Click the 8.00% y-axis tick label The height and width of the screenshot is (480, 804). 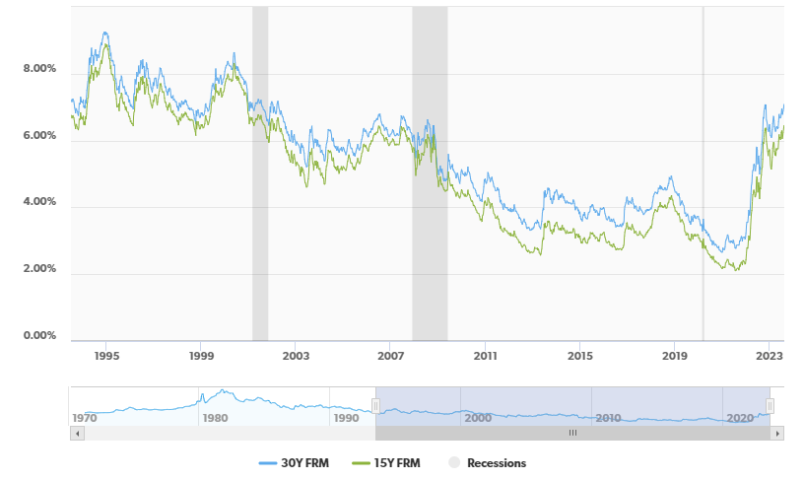point(39,70)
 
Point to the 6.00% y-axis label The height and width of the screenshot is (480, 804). point(39,137)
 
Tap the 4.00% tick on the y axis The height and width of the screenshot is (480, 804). point(39,203)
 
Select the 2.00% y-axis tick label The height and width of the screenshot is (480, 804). point(39,269)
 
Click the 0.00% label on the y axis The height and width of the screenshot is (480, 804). point(39,336)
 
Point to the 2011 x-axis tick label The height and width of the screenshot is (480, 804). point(485,355)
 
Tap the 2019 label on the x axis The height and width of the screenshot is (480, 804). point(674,355)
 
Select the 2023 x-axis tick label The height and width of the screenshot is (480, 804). point(770,355)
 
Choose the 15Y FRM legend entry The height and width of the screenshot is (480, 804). point(391,463)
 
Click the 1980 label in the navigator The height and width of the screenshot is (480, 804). point(215,418)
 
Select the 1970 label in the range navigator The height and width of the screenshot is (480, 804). point(85,418)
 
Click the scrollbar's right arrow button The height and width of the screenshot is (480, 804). point(777,433)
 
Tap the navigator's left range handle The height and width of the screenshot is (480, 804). point(375,406)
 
